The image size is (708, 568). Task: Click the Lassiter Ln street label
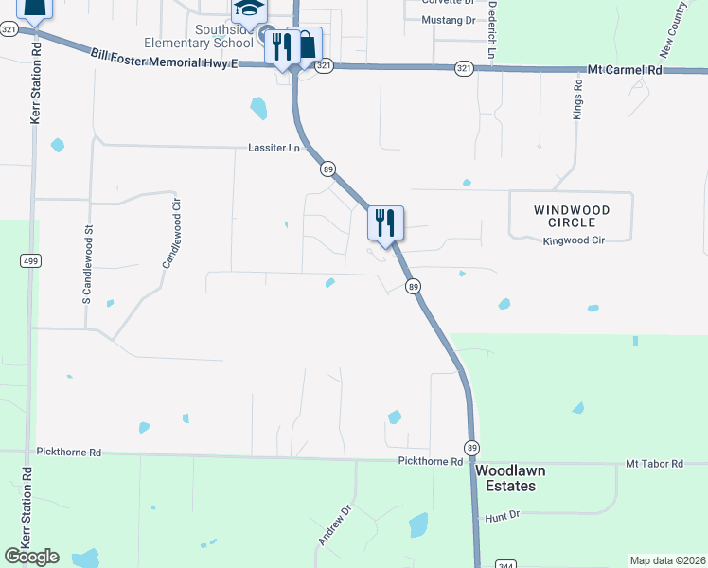coord(274,149)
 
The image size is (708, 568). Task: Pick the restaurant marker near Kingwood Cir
coord(385,223)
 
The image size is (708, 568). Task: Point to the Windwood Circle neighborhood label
coord(571,216)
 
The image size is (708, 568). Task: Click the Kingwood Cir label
coord(574,241)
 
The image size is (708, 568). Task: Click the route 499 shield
coord(30,261)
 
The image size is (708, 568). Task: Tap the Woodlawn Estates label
coord(505,478)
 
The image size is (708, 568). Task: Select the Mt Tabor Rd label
coord(654,464)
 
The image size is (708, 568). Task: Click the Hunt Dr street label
coord(503,517)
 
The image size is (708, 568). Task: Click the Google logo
coord(32,557)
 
